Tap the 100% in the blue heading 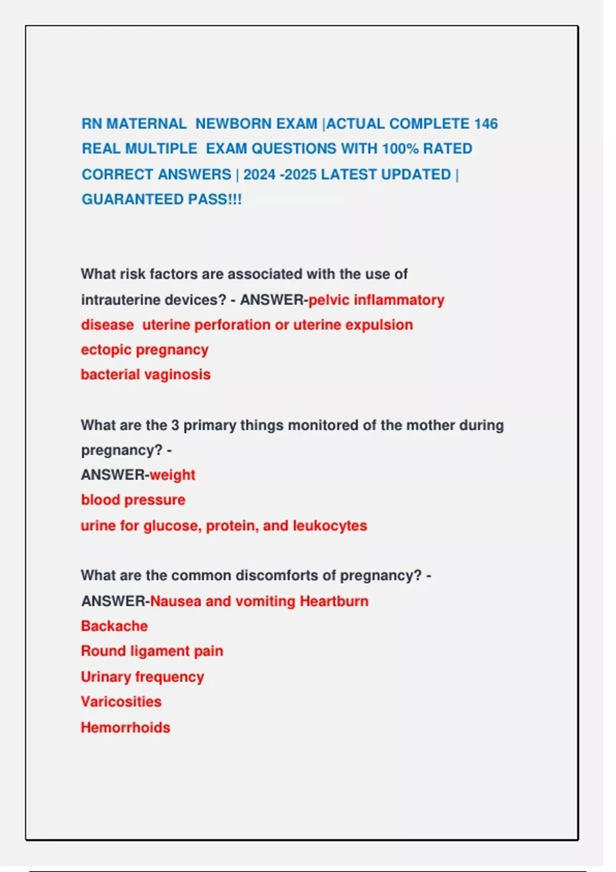pos(400,149)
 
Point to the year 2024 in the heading pos(259,174)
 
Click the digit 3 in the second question pos(175,425)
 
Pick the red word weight pos(172,475)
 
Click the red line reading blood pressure pos(133,500)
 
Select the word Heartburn pos(334,601)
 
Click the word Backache pos(114,626)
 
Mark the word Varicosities pos(121,702)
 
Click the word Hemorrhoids pos(125,727)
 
